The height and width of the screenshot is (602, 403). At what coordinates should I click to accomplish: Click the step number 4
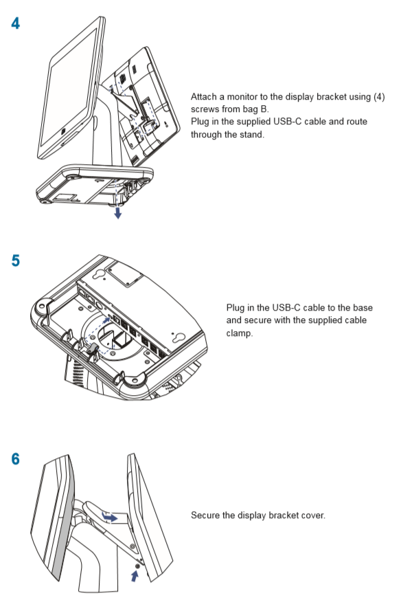pos(15,22)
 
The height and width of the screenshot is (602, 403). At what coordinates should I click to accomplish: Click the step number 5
pos(15,261)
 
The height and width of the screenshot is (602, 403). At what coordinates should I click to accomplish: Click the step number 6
pos(15,459)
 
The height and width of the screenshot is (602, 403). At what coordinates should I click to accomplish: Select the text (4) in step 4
pos(378,98)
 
